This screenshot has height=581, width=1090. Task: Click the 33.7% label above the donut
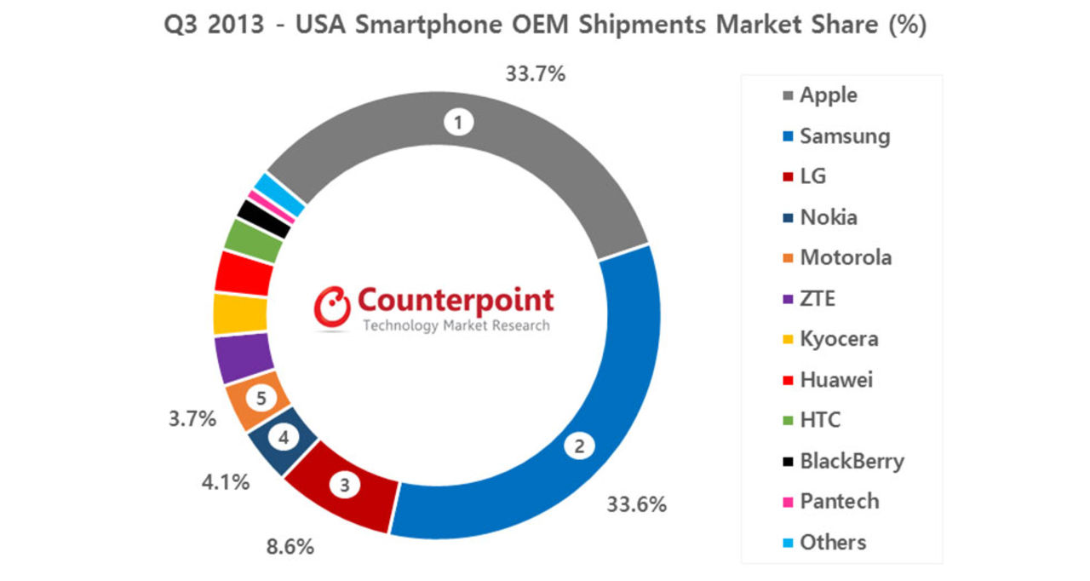(535, 74)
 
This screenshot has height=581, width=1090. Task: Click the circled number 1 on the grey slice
(458, 123)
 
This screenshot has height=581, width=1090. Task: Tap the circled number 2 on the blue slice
(579, 445)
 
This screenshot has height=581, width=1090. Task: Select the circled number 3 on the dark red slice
(344, 486)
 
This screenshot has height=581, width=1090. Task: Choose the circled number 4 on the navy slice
(284, 439)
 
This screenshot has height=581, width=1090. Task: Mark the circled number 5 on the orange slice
(261, 397)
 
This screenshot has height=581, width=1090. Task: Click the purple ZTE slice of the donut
(244, 358)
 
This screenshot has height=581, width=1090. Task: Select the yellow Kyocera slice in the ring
(239, 314)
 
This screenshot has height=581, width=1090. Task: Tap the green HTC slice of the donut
(252, 242)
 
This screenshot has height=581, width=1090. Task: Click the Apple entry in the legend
(827, 95)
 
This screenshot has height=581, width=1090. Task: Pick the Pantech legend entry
(838, 501)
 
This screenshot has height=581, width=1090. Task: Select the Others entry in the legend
(832, 542)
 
